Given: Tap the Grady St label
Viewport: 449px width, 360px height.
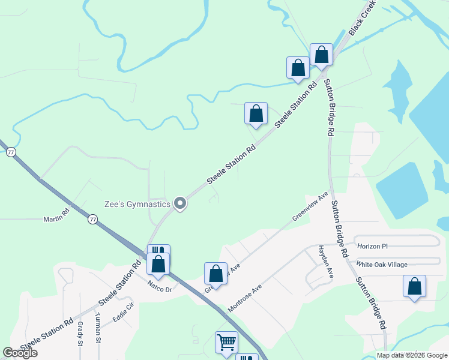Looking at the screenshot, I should (80, 334).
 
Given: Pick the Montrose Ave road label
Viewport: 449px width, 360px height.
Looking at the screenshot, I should (245, 298).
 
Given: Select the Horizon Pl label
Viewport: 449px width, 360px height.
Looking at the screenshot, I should (373, 247).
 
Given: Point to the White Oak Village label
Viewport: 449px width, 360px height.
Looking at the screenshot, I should (382, 265).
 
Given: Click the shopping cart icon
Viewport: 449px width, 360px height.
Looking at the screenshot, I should (227, 342).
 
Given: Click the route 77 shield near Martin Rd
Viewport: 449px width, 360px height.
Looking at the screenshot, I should (92, 220).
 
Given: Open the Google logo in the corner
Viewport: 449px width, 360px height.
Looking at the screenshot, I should (20, 353).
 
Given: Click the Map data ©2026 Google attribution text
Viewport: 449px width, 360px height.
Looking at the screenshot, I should (412, 355).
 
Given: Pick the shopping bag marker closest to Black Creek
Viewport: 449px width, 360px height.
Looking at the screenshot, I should (321, 54).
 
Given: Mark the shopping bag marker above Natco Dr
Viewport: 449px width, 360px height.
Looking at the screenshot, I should (158, 263).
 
